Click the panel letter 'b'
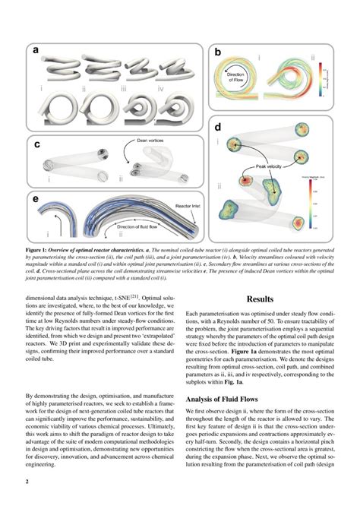tap(217, 52)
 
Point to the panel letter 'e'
tap(36, 199)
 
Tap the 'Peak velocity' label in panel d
tap(271, 166)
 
